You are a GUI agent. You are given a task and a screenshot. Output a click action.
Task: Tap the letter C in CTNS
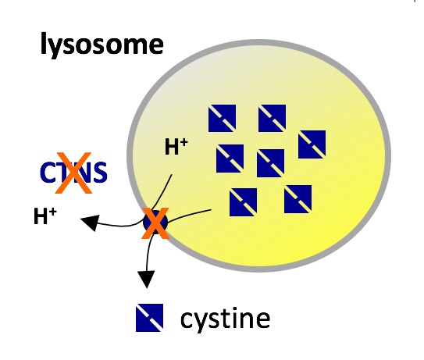point(48,173)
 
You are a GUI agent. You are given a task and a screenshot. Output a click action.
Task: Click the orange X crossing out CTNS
point(73,173)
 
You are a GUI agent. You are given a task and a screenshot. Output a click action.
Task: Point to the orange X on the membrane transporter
point(155,223)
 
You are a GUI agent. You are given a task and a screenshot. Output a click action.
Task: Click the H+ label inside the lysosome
point(176,146)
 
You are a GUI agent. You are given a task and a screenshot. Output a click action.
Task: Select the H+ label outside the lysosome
point(45,216)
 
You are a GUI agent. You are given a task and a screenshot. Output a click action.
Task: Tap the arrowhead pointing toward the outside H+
point(91,222)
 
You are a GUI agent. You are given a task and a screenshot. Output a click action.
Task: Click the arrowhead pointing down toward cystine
point(146,279)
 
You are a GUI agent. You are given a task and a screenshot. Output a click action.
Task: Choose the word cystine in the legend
point(225,319)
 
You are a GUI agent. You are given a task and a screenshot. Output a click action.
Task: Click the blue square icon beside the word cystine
point(150,318)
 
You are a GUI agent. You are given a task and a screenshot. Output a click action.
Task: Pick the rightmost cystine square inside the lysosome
point(312,144)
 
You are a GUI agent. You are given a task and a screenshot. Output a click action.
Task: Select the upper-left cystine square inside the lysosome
point(222,118)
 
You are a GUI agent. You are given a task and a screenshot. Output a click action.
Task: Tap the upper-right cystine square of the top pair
point(272,118)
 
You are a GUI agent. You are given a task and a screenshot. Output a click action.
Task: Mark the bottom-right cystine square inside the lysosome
point(298,199)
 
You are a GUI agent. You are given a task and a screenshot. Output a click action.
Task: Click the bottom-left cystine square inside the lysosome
point(243,202)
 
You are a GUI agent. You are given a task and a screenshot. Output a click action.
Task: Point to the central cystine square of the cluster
point(270,163)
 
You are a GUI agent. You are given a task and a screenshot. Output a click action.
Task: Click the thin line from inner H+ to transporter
point(162,193)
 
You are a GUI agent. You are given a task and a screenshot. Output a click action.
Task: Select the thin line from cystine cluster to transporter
point(188,215)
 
